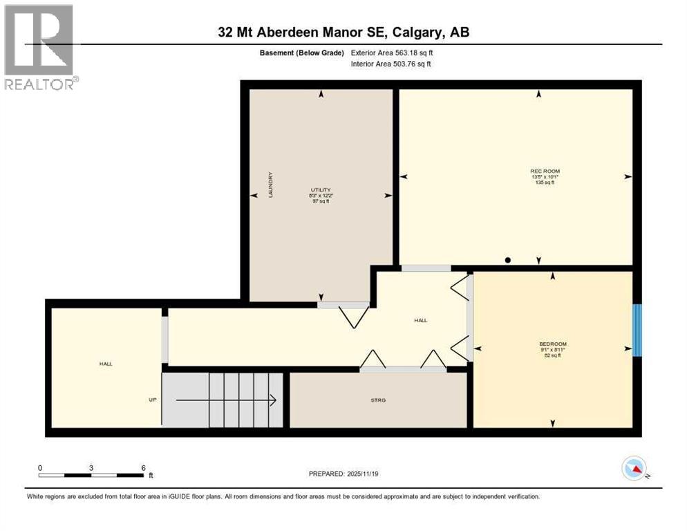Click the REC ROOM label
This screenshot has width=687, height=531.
coord(545,171)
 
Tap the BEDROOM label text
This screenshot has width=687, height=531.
coord(553,344)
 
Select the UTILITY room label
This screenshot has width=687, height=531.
coord(321,189)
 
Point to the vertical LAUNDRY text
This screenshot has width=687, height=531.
coord(272,185)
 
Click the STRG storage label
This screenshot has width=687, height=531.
coord(377,400)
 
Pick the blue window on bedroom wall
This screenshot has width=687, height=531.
coord(637,330)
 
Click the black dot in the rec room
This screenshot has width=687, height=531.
coord(508,260)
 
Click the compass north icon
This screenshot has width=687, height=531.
coord(634,469)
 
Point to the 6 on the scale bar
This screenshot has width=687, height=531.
coord(143,467)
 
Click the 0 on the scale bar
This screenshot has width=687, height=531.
coord(40,467)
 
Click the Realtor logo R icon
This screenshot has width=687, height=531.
coord(38,39)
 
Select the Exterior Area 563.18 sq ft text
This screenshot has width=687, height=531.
coord(392,53)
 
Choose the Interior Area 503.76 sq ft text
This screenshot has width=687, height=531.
coord(392,64)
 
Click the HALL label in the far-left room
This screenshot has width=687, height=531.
coord(105,364)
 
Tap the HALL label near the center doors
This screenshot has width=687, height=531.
coord(420,320)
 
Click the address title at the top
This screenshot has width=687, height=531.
coord(343,32)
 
